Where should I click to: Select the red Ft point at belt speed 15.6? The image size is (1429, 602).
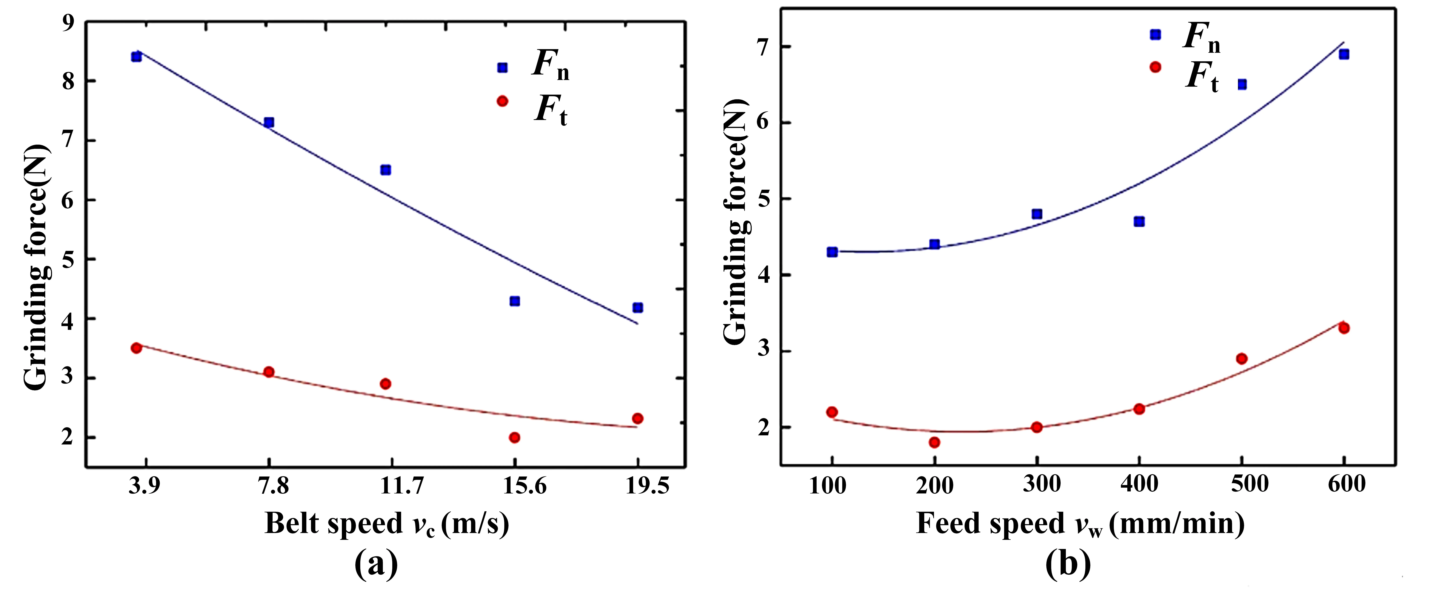tap(515, 437)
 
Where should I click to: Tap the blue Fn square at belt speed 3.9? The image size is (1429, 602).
tap(137, 57)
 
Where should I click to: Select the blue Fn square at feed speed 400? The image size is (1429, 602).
tap(1139, 221)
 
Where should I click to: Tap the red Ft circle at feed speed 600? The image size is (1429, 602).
tap(1344, 328)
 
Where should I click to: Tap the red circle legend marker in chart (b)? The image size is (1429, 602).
tap(1156, 67)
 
